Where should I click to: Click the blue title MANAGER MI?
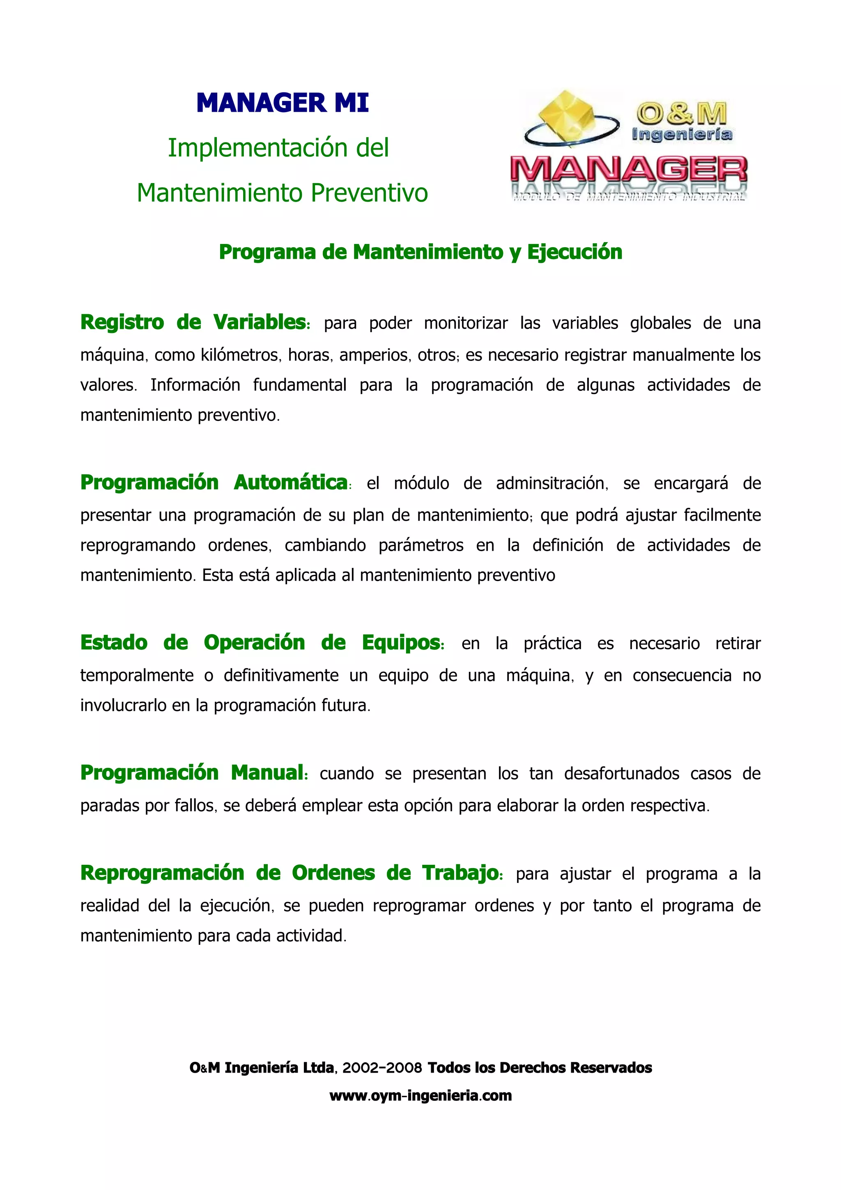(283, 103)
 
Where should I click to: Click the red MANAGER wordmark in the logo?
(629, 170)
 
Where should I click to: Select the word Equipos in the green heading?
(402, 643)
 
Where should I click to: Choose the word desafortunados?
(621, 774)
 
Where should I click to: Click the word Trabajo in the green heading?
(461, 873)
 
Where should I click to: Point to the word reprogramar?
(417, 905)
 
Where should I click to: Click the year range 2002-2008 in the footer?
(382, 1068)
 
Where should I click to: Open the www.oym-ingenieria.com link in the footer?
(420, 1096)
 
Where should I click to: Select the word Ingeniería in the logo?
(681, 135)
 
